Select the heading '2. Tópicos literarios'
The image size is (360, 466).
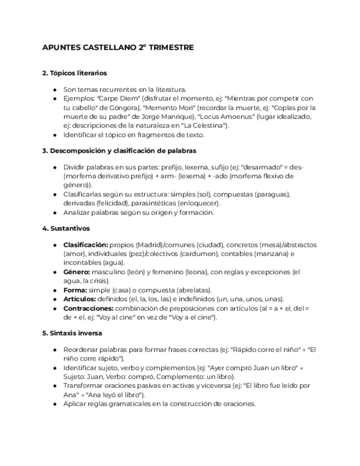click(x=74, y=73)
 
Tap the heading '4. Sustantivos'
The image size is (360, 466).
click(x=66, y=228)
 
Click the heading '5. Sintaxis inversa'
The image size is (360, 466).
click(x=72, y=333)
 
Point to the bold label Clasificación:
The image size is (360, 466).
click(x=85, y=245)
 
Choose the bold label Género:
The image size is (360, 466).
click(x=77, y=272)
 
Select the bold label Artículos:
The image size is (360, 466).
click(x=79, y=299)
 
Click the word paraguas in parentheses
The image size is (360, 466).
click(x=273, y=195)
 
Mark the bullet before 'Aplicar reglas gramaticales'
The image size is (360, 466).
click(x=56, y=404)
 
